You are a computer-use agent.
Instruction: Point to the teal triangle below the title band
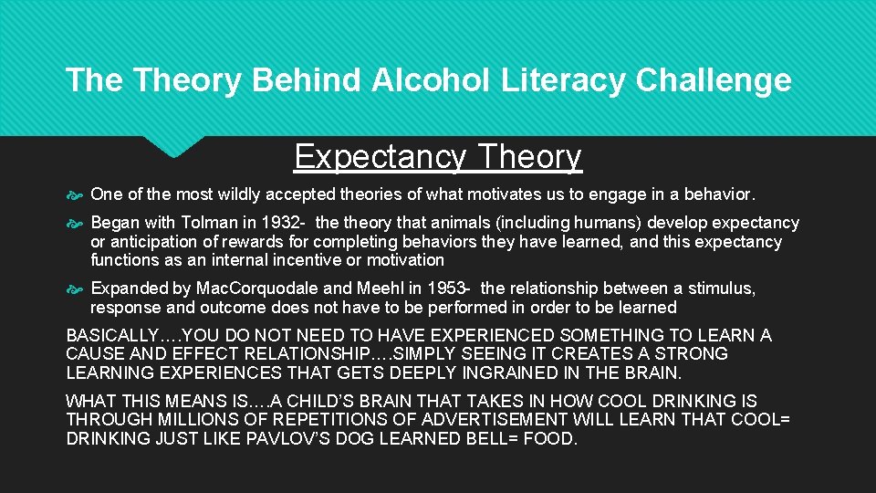click(176, 145)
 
